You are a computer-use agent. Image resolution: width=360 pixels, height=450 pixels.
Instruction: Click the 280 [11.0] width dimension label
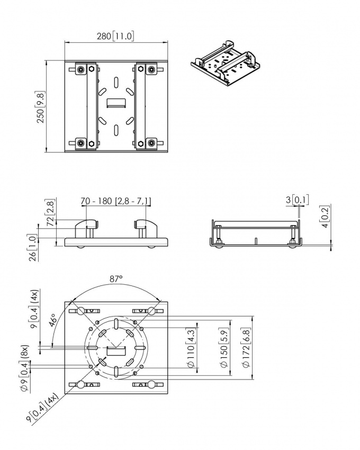[x=116, y=36]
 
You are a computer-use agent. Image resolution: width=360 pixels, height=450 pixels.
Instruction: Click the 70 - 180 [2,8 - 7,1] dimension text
[x=116, y=201]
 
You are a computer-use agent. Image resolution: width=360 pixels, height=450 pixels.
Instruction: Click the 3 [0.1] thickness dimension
[x=297, y=200]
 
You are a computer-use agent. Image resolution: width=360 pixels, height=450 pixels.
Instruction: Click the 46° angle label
[x=54, y=320]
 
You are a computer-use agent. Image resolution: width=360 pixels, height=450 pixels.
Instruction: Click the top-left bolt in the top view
[x=80, y=70]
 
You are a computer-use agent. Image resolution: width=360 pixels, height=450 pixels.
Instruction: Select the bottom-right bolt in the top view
[x=152, y=142]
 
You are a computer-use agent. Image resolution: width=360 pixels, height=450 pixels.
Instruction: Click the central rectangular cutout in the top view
[x=116, y=102]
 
